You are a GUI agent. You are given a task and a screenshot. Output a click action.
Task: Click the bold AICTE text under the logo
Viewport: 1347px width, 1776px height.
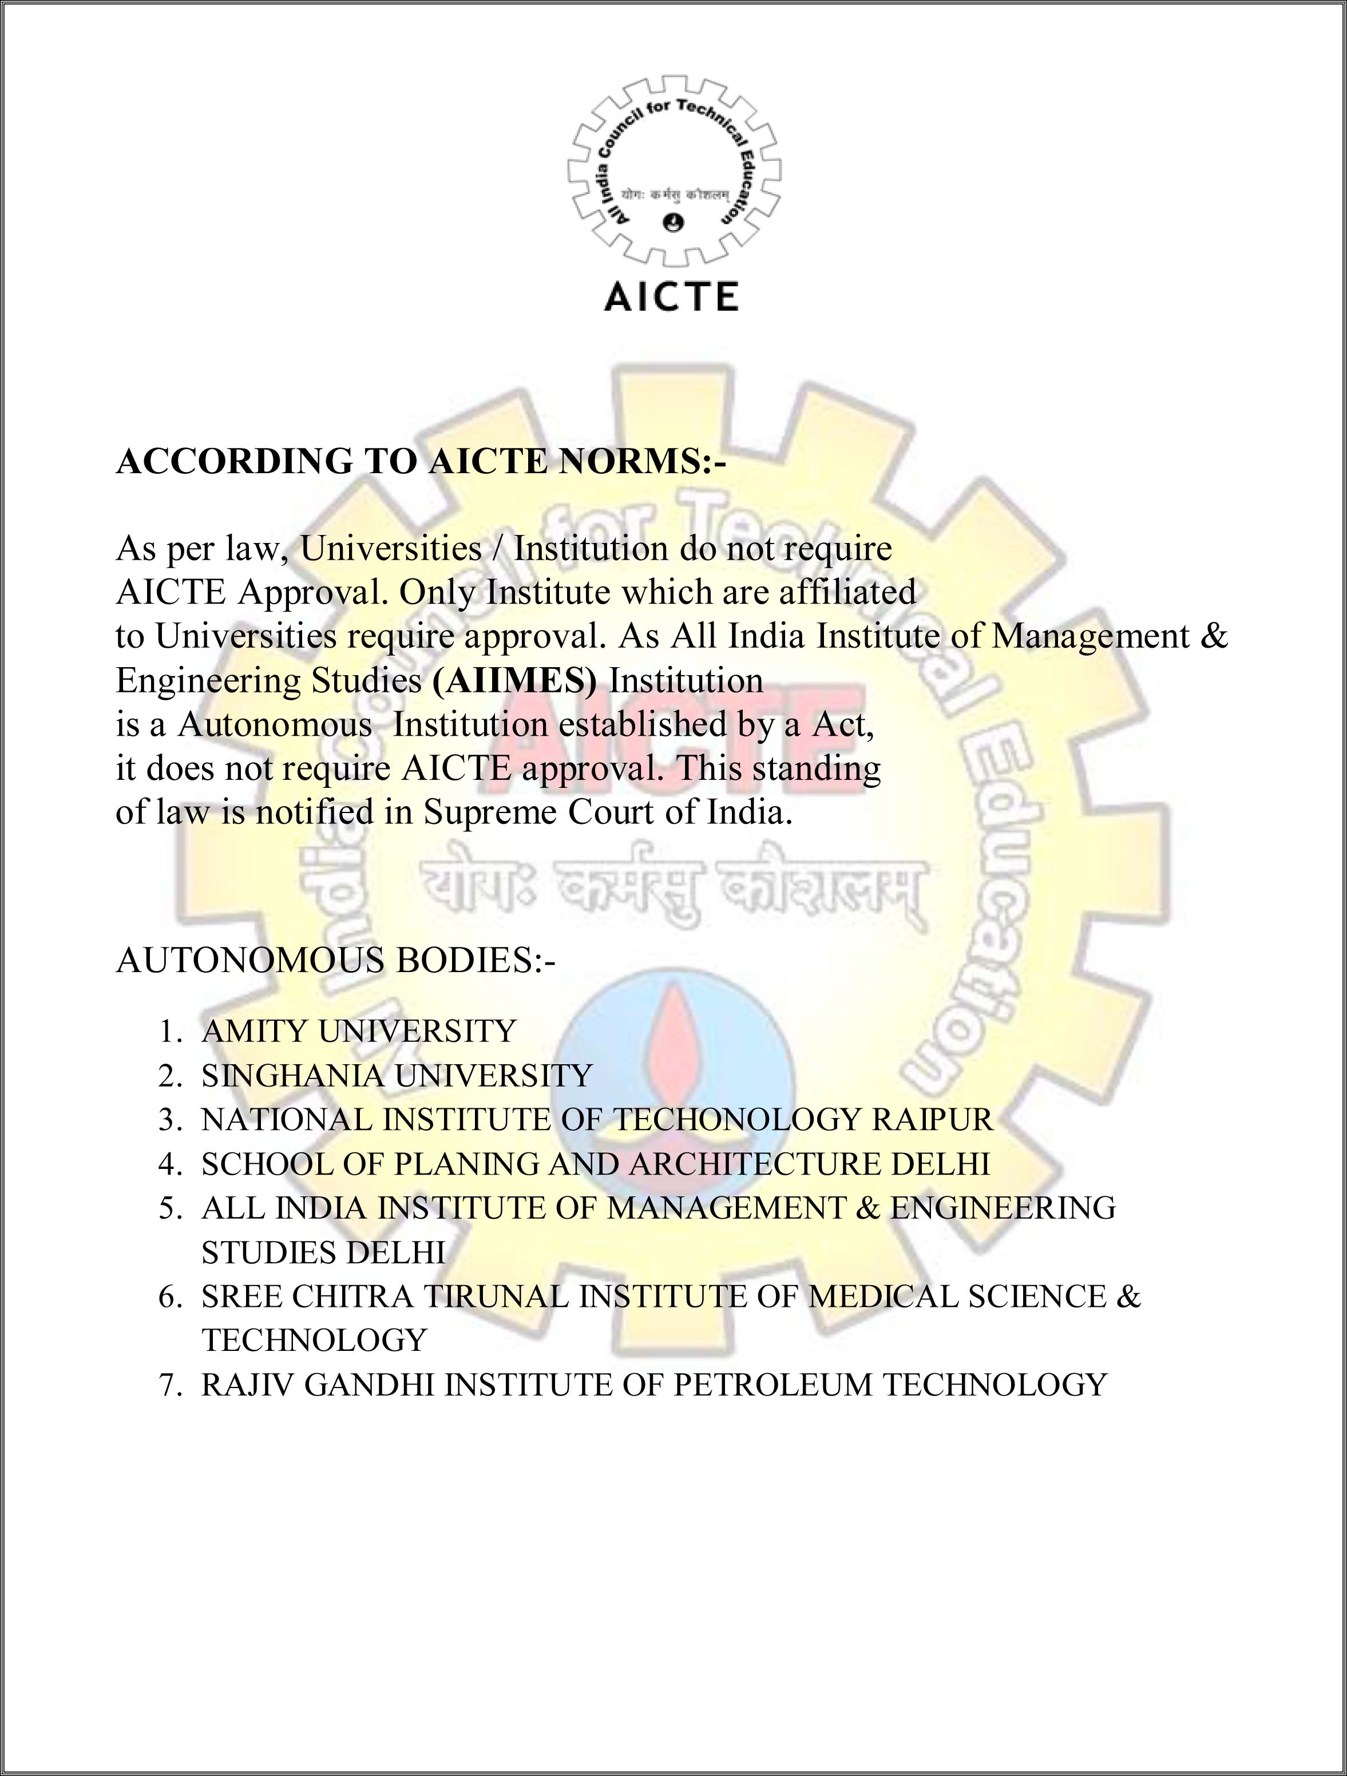tap(671, 296)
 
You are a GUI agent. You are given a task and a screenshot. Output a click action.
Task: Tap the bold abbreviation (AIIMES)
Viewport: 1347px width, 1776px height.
tap(514, 681)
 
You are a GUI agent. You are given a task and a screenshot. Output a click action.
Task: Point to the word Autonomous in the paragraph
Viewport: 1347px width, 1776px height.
tap(275, 725)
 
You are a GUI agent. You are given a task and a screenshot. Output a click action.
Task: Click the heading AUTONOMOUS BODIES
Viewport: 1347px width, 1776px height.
tap(335, 960)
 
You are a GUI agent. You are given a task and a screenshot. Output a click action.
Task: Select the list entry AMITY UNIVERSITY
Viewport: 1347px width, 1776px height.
tap(358, 1031)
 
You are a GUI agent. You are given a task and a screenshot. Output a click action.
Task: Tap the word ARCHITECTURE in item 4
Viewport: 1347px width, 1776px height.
tap(755, 1164)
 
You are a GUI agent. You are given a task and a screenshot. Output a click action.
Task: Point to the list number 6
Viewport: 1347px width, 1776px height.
tap(170, 1297)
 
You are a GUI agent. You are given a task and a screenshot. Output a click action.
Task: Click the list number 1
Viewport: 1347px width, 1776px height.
tap(170, 1031)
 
